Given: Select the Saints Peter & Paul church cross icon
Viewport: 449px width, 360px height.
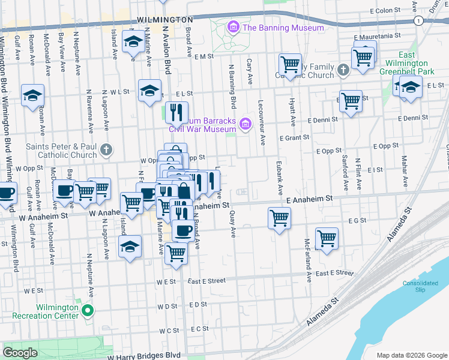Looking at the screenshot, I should point(106,149).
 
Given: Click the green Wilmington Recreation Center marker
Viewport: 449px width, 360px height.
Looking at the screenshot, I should point(88,311).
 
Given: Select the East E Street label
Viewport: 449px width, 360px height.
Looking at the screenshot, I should point(206,281).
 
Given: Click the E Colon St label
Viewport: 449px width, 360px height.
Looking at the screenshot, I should point(385,11).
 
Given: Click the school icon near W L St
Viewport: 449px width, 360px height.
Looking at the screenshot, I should point(149,91).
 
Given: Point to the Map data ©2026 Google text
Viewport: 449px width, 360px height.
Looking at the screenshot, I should point(411,355).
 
